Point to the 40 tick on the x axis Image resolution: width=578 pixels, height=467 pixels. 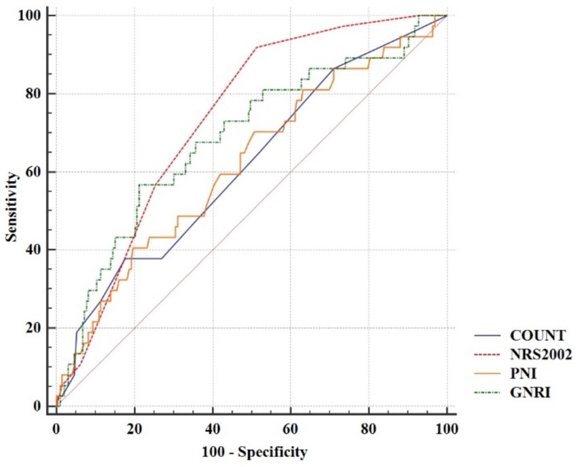pyautogui.click(x=213, y=429)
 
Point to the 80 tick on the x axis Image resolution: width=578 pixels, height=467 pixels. pyautogui.click(x=369, y=429)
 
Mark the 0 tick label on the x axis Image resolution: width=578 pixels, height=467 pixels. pyautogui.click(x=56, y=429)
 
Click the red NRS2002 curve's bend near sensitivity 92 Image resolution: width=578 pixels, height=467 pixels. pyautogui.click(x=256, y=48)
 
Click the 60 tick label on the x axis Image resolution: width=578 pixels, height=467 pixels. pyautogui.click(x=291, y=429)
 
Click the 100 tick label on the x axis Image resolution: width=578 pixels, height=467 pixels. pyautogui.click(x=446, y=429)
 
